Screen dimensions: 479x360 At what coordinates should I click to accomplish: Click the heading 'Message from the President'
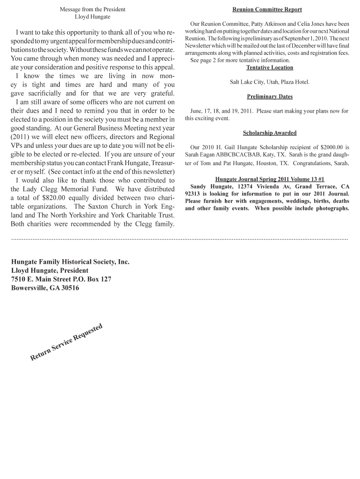coord(93,9)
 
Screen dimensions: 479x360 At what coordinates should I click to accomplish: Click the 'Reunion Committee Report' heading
coord(267,9)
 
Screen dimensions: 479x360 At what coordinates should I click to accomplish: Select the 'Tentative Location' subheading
coord(270,67)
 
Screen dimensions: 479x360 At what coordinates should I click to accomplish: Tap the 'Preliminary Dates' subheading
coord(270,96)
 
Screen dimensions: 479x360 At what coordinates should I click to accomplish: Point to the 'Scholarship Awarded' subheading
coord(270,133)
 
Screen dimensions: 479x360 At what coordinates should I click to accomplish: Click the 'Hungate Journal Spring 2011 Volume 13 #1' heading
coord(270,179)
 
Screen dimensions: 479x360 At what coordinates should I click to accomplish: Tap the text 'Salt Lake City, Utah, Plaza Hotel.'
coord(270,82)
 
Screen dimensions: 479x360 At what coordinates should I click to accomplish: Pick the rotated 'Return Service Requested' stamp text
coord(66,342)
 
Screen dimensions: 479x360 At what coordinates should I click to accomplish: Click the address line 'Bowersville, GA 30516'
coord(45,288)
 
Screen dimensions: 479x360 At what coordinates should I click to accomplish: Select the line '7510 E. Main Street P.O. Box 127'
coord(61,279)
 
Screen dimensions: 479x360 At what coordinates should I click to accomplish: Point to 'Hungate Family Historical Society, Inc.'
coord(70,262)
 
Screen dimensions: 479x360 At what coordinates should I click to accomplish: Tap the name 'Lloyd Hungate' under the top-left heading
coord(93,17)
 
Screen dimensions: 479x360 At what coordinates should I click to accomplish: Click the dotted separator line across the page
coord(180,239)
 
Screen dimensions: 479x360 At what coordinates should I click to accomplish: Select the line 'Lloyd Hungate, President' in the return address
coord(50,270)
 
